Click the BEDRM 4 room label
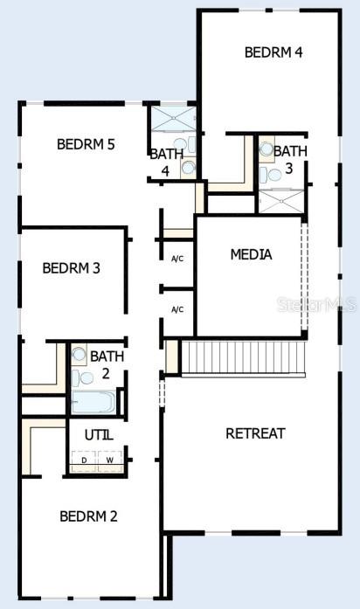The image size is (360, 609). pos(273,52)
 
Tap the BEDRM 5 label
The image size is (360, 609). pos(86,144)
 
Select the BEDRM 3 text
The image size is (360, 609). pos(71,268)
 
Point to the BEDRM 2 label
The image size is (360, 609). pos(88,516)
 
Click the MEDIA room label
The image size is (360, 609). pos(252,254)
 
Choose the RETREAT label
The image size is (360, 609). pos(255,433)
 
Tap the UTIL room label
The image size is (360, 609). pos(99,435)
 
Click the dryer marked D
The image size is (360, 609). pos(84,461)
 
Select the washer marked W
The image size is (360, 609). pos(110,461)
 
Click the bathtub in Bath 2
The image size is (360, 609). pos(93,402)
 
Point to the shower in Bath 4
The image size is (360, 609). pos(173,118)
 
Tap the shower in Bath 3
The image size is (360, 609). pos(281,201)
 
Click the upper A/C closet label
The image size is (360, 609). pos(177,259)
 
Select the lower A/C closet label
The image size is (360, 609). pos(177,309)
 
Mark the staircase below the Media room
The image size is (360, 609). pos(243,357)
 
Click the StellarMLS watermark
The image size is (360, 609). pos(317,304)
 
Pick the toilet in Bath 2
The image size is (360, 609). pos(83,378)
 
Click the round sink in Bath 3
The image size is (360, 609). pos(267,149)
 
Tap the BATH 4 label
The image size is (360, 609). pos(166,163)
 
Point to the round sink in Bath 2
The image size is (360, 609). pos(80,354)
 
